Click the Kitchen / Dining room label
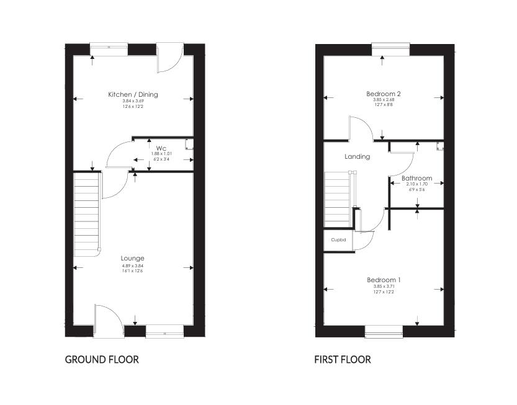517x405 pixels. [x=133, y=95]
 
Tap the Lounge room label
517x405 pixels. [x=133, y=258]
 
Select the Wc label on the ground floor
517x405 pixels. [x=161, y=148]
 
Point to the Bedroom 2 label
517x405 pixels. [x=383, y=94]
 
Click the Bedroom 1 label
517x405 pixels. [x=383, y=280]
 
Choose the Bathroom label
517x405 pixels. [x=416, y=179]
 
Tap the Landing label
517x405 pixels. [x=357, y=157]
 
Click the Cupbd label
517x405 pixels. [x=338, y=239]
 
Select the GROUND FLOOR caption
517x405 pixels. [x=102, y=360]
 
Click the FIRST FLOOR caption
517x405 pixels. [x=343, y=360]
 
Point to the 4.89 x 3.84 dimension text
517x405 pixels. [x=133, y=266]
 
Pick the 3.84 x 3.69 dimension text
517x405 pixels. [x=133, y=102]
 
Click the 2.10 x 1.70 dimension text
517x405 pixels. [x=416, y=184]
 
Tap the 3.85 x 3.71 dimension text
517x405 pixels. [x=383, y=287]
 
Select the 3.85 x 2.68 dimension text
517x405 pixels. [x=383, y=100]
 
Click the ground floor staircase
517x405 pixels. [x=87, y=214]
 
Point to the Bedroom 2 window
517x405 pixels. [x=390, y=48]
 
